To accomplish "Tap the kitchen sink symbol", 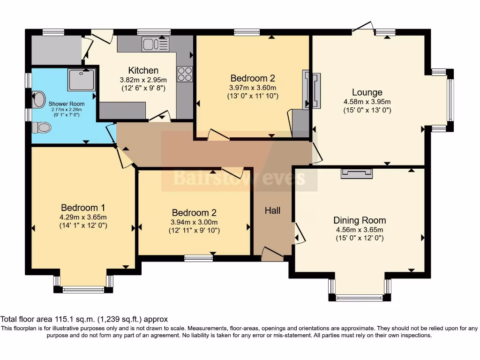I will point(155,45).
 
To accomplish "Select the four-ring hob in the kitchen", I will point(184,75).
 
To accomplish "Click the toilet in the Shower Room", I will point(42,127).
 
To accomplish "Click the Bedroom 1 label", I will point(83,208).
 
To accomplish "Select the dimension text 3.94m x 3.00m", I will point(194,222).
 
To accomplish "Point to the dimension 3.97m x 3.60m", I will point(252,88).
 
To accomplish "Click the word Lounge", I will point(367,92).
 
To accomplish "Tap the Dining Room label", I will point(360,220).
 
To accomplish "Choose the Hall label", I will point(272,210).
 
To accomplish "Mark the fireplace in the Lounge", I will point(311,90).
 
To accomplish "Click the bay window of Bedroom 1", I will point(83,290).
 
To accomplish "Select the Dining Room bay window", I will point(360,297).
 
